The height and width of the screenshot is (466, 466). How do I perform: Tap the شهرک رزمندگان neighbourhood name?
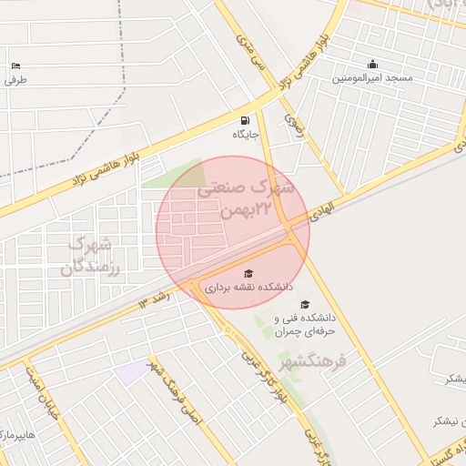(90, 256)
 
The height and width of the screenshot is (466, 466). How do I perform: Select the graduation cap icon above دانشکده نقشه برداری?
(249, 273)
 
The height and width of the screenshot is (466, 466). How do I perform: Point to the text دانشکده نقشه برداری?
(248, 288)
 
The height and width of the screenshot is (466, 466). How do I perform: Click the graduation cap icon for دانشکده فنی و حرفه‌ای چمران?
(305, 304)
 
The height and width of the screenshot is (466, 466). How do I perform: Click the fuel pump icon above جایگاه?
(245, 120)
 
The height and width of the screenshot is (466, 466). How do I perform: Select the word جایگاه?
(246, 135)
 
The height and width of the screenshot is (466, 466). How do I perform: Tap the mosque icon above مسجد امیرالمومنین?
(372, 64)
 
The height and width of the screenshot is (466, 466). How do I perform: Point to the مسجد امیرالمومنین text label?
(372, 78)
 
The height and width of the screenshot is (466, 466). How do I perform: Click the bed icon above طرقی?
(15, 66)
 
